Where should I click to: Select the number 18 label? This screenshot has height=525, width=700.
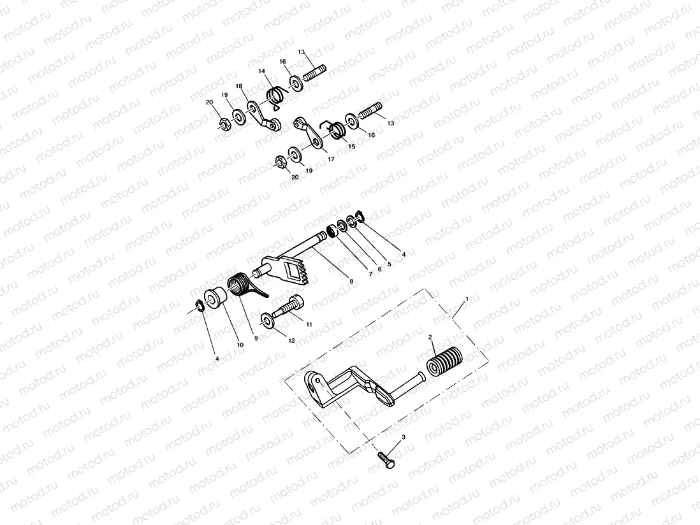[x=239, y=85]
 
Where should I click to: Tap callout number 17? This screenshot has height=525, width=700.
[x=331, y=159]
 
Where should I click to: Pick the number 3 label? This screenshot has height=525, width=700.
[x=403, y=438]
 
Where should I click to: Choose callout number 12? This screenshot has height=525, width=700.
[x=291, y=340]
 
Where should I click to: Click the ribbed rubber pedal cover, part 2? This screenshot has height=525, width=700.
[x=444, y=363]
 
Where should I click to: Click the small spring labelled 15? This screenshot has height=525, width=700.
[x=336, y=129]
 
